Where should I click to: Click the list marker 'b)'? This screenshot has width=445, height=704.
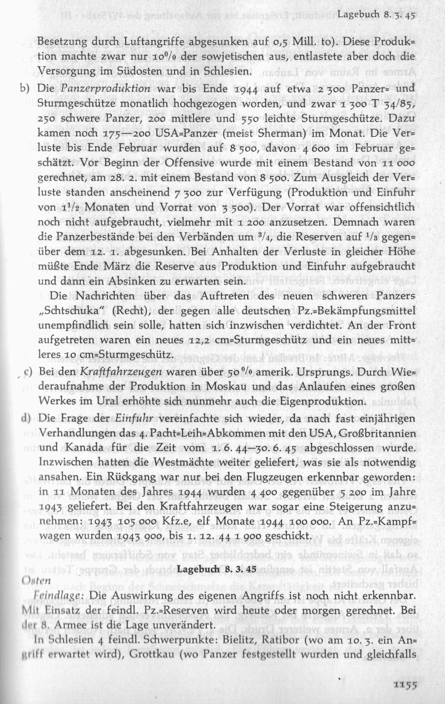[26, 88]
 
